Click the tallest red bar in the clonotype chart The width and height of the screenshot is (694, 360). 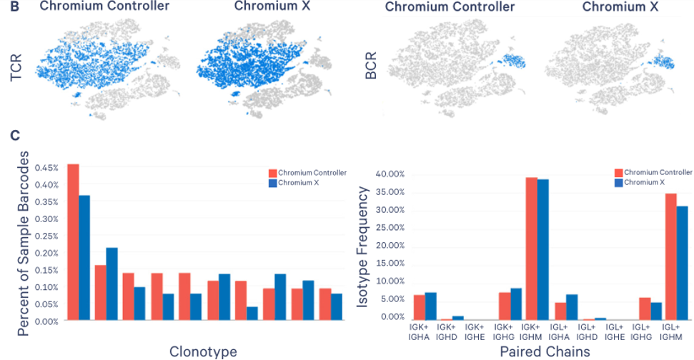point(72,243)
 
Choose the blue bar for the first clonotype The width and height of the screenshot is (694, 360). point(84,258)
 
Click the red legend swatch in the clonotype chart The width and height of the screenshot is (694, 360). point(272,173)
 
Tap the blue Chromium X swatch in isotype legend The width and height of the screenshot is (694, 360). point(619,181)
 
